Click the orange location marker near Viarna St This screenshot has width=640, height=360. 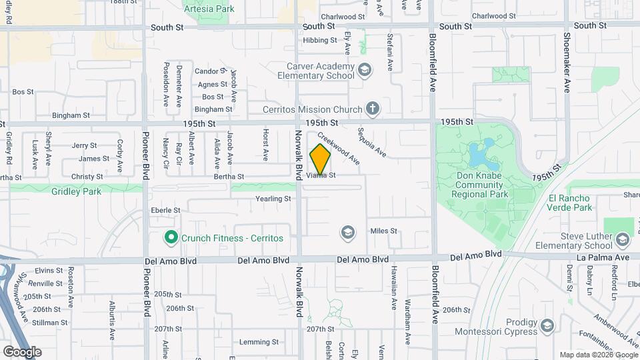[321, 159]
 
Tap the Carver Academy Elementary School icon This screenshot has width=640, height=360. [364, 69]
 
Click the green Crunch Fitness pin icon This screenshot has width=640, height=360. [171, 237]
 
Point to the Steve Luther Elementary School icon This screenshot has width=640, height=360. [623, 239]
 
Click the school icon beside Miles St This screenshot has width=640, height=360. [347, 232]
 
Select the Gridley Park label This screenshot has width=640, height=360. [76, 191]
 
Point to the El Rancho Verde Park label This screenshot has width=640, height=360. [570, 203]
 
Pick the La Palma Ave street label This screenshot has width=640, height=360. [604, 257]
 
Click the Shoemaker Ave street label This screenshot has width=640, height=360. [567, 63]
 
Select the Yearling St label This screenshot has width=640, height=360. [273, 199]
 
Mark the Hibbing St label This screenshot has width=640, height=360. [320, 40]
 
